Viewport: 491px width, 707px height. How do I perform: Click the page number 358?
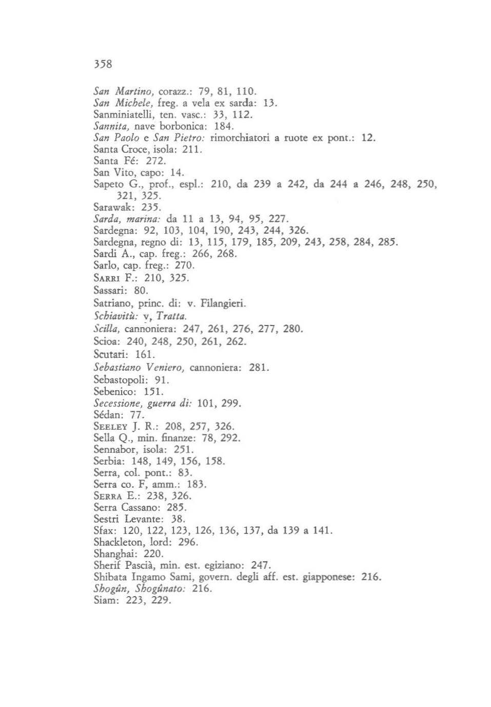tap(103, 64)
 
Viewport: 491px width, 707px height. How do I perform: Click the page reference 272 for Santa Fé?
tap(155, 161)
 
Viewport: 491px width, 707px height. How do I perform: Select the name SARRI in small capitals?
tap(107, 278)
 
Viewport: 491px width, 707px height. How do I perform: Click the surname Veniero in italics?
tap(165, 367)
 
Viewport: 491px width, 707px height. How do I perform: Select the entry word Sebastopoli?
tap(121, 380)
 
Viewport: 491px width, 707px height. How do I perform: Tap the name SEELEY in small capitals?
tap(110, 426)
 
